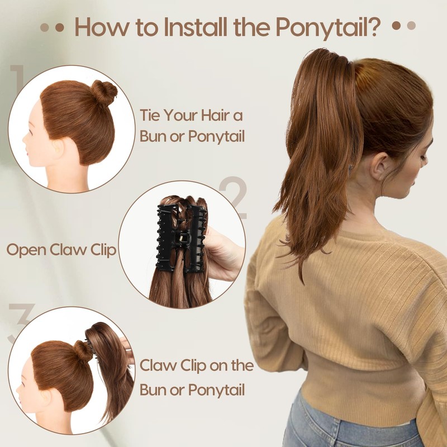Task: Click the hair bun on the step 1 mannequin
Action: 103,92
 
